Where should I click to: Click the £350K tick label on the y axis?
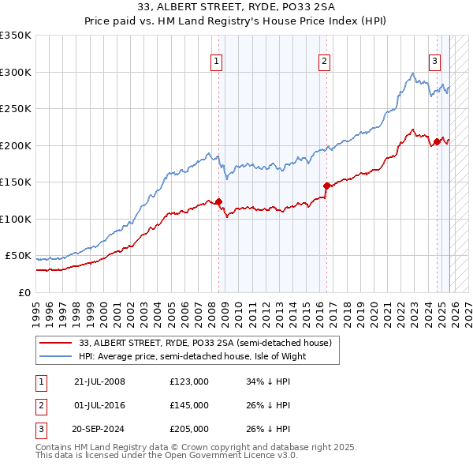[16, 36]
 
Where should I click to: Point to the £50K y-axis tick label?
[18, 256]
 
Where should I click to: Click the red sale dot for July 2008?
[218, 201]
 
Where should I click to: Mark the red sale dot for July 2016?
[326, 186]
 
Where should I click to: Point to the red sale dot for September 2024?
[436, 142]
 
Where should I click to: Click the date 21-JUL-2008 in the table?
[99, 381]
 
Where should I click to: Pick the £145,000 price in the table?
[189, 405]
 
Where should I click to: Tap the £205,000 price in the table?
[189, 429]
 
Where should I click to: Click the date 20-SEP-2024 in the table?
[99, 429]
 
